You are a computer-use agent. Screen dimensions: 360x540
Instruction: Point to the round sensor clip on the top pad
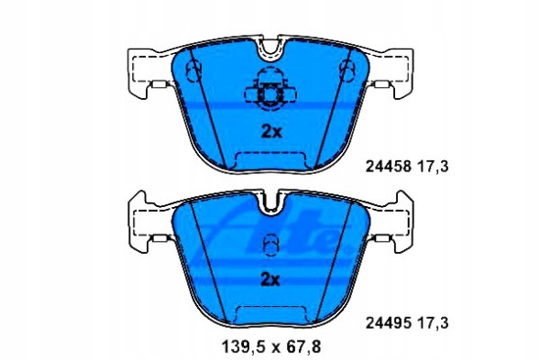pos(270,93)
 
